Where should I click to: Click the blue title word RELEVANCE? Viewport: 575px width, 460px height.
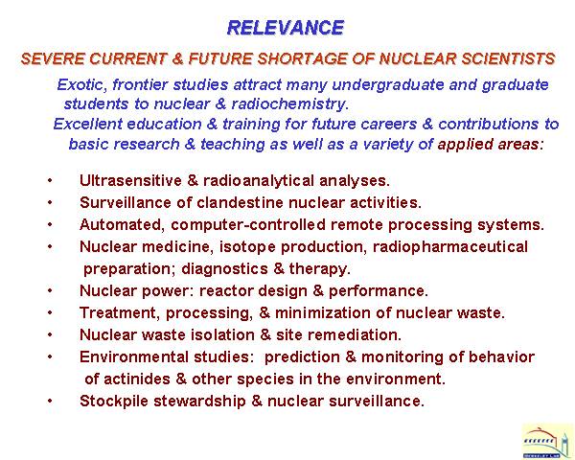point(286,28)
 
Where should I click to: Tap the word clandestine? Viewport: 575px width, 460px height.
point(241,202)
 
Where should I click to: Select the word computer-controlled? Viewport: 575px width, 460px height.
point(248,224)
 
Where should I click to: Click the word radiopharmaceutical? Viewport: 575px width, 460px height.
point(450,247)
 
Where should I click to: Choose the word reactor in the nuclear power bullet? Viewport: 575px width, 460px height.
point(226,291)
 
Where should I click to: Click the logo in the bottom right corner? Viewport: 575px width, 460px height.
point(546,440)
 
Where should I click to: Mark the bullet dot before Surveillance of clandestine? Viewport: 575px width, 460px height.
point(50,202)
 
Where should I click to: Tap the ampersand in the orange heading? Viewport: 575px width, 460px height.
point(177,59)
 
